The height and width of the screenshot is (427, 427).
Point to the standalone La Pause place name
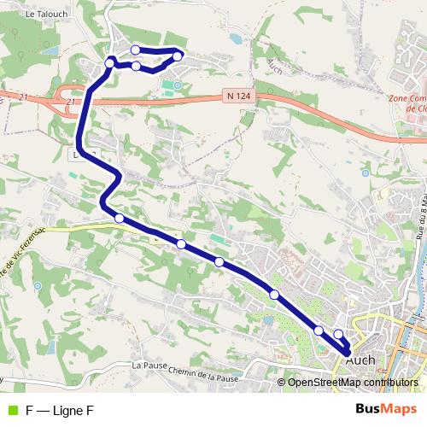pos(148,366)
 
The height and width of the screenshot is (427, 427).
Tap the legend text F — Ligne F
pos(60,410)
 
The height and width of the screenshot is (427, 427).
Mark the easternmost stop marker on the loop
pos(178,56)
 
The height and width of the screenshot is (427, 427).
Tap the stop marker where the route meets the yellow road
pos(119,219)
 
